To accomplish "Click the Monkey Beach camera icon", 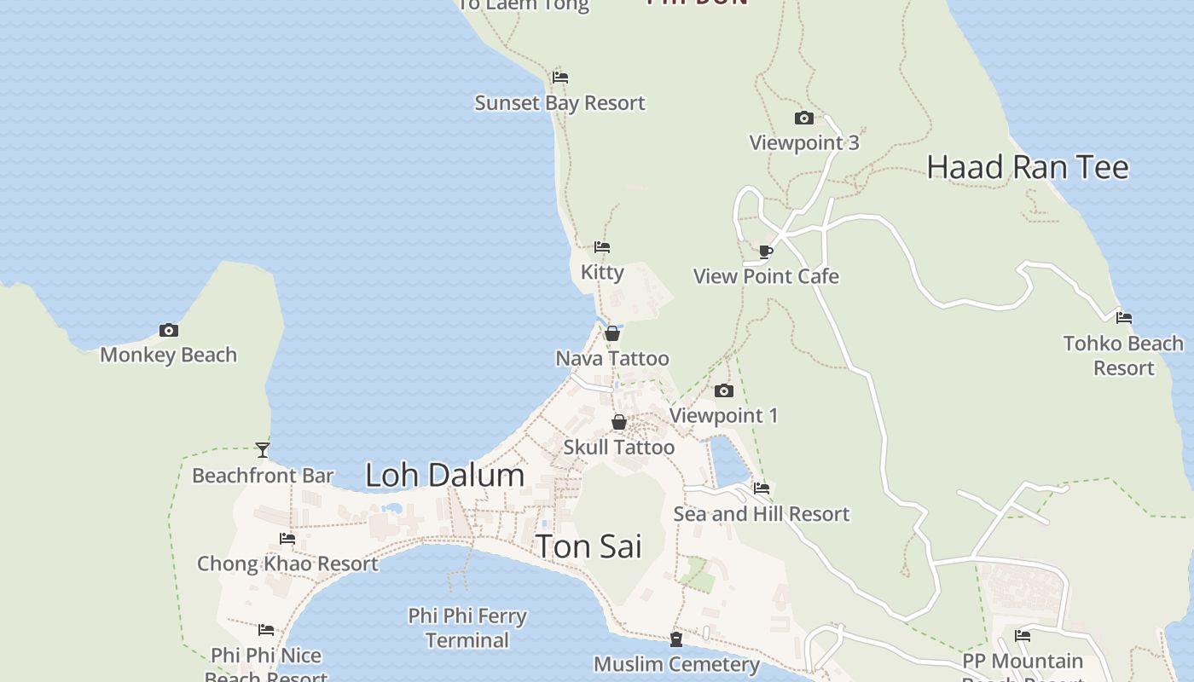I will tap(169, 330).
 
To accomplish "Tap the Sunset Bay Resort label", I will tap(559, 103).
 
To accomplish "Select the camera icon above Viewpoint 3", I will tap(803, 118).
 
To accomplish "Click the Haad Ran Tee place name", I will tap(1027, 167).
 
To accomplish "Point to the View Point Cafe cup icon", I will tap(765, 251).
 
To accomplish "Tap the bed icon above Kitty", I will tap(602, 247).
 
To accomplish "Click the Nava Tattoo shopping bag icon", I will tap(611, 333).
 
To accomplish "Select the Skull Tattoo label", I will tap(618, 448).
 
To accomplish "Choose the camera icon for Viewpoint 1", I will tap(723, 390).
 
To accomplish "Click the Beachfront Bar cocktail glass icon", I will tap(263, 449).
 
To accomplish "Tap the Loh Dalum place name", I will tap(444, 475).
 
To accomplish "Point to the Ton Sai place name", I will tap(588, 546).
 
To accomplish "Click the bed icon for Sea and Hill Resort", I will tap(762, 488).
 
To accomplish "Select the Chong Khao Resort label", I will tap(287, 564).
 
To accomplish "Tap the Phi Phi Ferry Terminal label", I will tap(467, 627).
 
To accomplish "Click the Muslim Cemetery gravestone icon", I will tap(676, 639).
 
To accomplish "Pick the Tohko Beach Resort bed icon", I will tap(1123, 318).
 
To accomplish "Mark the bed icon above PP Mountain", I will tap(1022, 636).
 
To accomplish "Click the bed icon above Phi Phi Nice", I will tap(266, 630).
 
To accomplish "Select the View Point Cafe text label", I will tap(766, 277).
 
